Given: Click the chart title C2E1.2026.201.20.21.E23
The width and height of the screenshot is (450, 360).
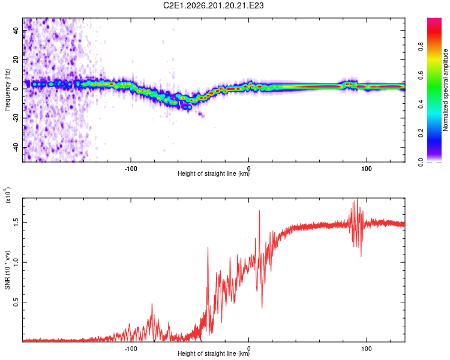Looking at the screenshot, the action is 213,5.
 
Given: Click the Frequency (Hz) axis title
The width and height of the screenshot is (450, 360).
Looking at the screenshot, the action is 7,90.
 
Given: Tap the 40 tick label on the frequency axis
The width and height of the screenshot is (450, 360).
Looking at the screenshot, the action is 16,30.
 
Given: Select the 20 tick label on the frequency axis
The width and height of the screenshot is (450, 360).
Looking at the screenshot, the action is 16,59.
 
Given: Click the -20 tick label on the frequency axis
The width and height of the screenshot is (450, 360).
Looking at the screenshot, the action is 16,118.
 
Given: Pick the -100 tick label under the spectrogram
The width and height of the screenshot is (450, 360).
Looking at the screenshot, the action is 131,169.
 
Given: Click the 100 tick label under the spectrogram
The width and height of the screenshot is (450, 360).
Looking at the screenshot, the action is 367,169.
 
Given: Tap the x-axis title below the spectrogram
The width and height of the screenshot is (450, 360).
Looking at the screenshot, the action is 214,173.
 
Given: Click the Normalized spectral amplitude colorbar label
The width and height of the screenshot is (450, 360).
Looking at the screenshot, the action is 445,90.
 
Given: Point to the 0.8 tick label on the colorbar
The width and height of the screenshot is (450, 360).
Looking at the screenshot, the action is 421,46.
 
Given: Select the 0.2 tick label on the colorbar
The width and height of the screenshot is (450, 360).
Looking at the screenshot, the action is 421,133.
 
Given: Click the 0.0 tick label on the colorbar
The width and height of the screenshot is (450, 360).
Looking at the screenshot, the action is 421,162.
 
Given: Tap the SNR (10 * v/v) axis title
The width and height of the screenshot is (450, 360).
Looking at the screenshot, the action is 7,270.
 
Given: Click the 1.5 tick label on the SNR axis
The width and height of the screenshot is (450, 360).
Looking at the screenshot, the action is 16,222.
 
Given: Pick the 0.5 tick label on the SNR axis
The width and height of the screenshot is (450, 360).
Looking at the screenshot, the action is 16,302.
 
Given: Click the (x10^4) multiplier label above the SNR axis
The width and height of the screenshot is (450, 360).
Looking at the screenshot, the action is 7,196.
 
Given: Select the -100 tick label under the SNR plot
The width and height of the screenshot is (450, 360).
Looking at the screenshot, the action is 131,349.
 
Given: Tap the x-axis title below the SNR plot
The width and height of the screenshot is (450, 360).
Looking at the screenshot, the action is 214,353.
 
